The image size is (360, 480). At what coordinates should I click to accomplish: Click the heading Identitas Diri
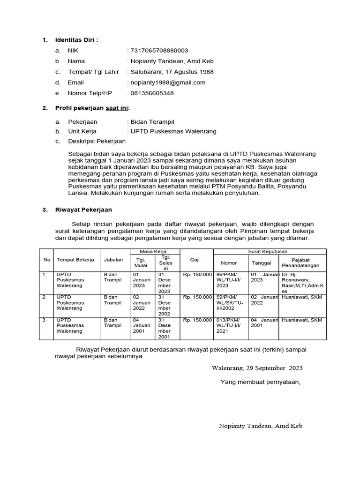click(x=77, y=40)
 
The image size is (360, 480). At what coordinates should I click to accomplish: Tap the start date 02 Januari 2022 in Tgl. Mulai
click(x=142, y=303)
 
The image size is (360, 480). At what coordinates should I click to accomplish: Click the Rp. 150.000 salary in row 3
click(x=197, y=320)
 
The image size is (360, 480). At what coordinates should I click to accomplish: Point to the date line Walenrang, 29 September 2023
click(x=257, y=368)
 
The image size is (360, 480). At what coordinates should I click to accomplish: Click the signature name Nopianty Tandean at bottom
click(x=261, y=426)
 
